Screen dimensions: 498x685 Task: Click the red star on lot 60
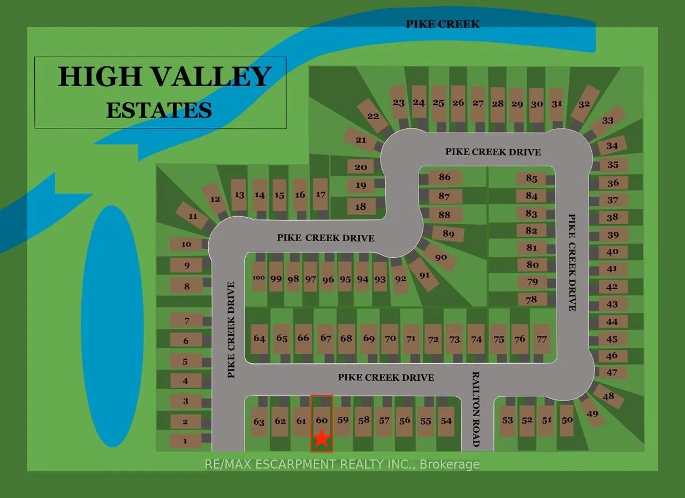tap(321, 438)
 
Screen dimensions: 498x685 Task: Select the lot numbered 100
tap(259, 277)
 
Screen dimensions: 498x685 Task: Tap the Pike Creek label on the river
tap(443, 24)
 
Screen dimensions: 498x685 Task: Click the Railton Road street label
tap(476, 409)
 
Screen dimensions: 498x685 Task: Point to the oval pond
tap(112, 326)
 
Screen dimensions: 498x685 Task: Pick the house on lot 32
tap(584, 104)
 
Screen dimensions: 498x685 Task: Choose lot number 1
tap(185, 441)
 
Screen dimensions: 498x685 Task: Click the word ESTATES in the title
tap(159, 110)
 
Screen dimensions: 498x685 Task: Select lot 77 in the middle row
tap(542, 339)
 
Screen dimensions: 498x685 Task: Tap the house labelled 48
tap(608, 396)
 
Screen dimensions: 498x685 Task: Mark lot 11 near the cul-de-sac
tap(193, 216)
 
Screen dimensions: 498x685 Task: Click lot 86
tap(444, 177)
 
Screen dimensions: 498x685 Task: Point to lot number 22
tap(373, 116)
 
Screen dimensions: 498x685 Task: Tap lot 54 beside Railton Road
tap(446, 420)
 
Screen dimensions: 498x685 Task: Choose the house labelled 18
tap(361, 206)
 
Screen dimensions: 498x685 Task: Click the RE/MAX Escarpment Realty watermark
tap(342, 464)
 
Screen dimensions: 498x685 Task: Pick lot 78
tap(531, 300)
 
